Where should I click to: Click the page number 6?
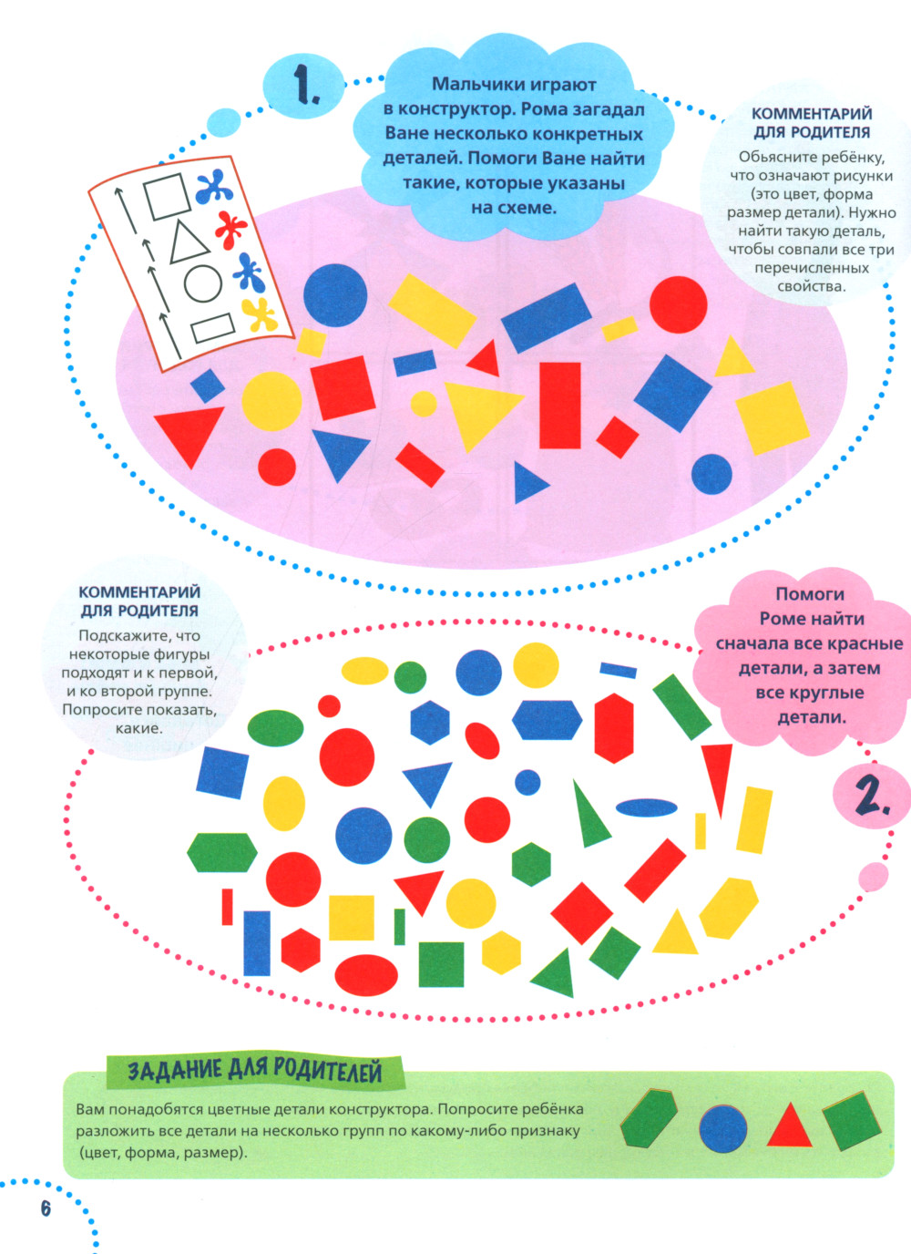(46, 1208)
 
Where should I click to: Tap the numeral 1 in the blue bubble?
(306, 85)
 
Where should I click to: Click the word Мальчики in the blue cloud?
(472, 85)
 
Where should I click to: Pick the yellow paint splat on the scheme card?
(259, 314)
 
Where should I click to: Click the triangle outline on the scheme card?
(189, 242)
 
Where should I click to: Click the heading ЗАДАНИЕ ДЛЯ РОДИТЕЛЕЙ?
(255, 1072)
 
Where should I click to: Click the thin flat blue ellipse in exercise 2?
(646, 807)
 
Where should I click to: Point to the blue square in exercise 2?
(222, 773)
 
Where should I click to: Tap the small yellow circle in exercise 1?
(424, 404)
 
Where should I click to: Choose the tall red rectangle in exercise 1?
(559, 406)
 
